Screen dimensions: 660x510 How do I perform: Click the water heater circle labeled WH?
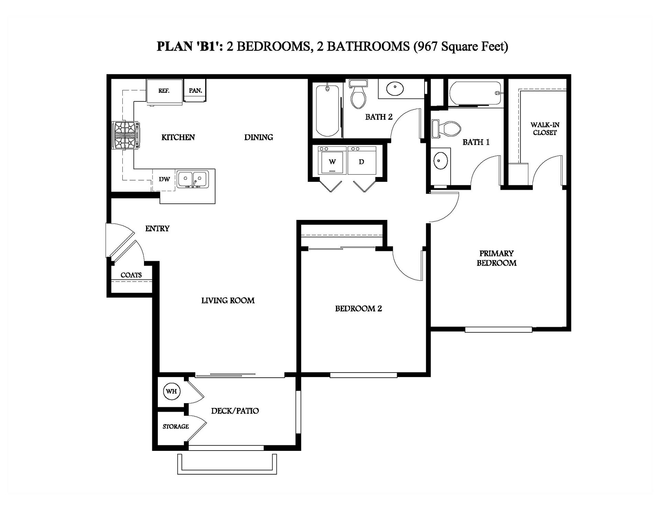point(172,391)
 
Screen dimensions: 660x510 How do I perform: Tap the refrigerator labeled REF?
point(164,91)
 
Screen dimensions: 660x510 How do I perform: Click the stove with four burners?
point(125,135)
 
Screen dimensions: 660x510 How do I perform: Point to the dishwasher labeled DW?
point(164,179)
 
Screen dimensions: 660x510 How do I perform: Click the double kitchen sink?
point(192,179)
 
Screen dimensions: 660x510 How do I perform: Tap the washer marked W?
point(332,161)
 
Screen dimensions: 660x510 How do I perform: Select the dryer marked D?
point(362,161)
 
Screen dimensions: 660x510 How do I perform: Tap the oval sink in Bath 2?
point(395,89)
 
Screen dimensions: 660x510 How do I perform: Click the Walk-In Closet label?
point(544,129)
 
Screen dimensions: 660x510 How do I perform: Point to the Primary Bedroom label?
point(496,258)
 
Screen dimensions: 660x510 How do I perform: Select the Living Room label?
point(228,300)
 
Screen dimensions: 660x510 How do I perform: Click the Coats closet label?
point(131,275)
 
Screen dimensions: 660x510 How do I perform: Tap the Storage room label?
point(176,426)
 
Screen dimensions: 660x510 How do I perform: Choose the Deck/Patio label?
point(235,411)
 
